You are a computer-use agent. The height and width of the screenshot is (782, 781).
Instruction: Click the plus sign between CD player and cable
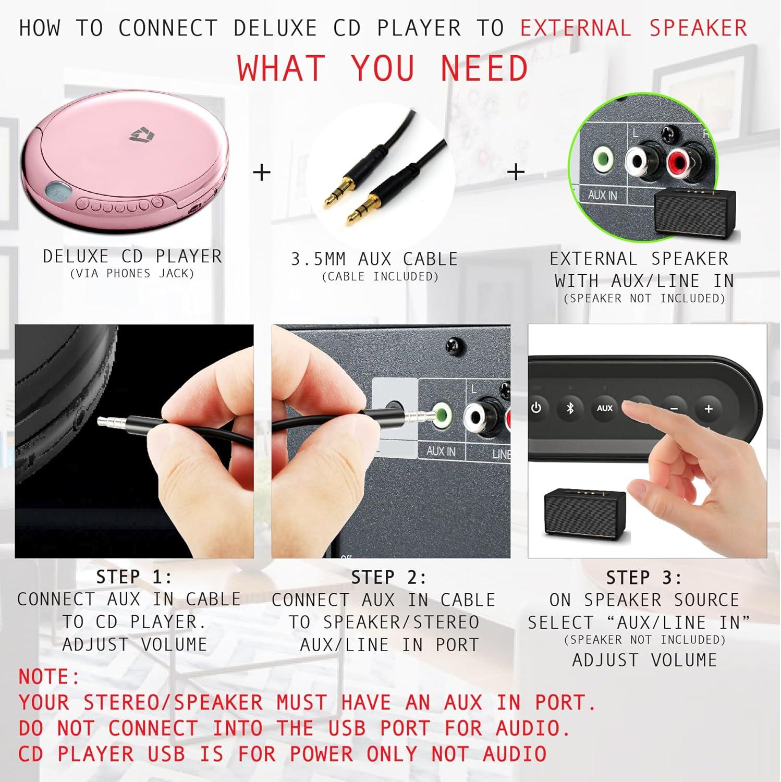click(262, 172)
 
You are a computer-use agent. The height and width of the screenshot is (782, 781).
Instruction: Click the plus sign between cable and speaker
click(516, 172)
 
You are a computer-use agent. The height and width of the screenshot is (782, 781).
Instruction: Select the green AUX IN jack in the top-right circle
click(603, 159)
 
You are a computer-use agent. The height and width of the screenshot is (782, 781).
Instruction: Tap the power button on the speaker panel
click(536, 408)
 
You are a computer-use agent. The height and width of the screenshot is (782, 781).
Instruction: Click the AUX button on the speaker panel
click(604, 408)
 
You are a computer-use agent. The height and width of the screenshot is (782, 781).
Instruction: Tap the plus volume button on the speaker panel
click(708, 409)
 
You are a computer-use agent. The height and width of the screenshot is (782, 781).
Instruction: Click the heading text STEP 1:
click(134, 577)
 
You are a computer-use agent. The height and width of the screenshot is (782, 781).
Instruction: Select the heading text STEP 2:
click(389, 578)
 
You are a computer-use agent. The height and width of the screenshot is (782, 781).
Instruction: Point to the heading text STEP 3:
click(644, 578)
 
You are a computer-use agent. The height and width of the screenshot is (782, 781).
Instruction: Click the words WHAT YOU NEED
click(383, 68)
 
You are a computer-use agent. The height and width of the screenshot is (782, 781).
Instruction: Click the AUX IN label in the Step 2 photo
click(441, 451)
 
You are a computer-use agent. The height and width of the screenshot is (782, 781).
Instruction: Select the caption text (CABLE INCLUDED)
click(380, 277)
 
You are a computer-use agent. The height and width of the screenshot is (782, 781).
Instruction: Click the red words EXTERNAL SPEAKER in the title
click(633, 28)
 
